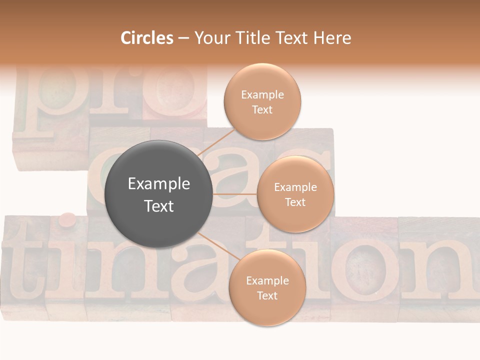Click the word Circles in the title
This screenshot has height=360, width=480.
pos(147,38)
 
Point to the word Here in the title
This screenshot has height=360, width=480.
pos(332,38)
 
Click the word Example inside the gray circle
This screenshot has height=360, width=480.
pos(158,184)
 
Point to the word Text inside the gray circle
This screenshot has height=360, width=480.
pos(158,206)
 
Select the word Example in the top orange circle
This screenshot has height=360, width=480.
pos(262,94)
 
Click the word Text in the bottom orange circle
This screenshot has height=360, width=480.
pos(267,295)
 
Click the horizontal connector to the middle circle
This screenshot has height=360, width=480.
pos(234,193)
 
